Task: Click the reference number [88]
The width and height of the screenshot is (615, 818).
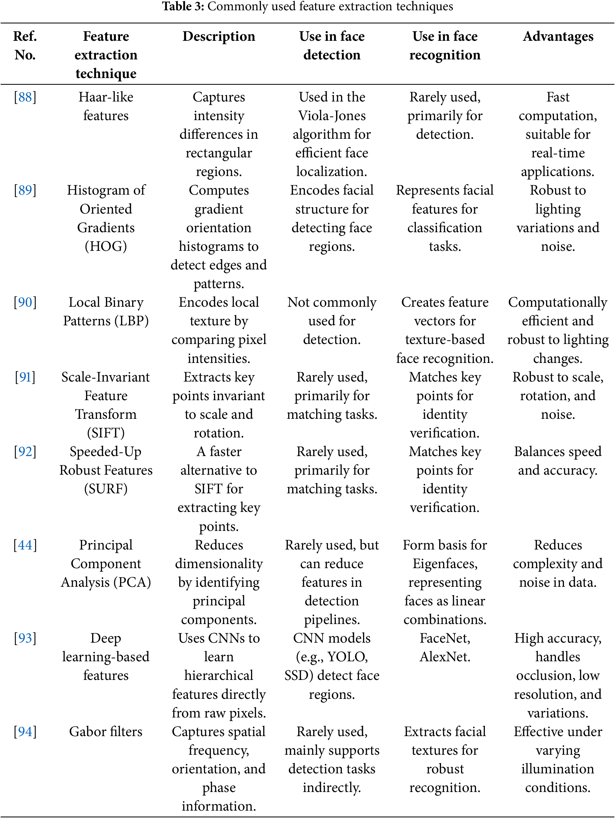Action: pyautogui.click(x=25, y=97)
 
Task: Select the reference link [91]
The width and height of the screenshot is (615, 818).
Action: pyautogui.click(x=25, y=377)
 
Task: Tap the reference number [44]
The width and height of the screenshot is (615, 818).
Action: pyautogui.click(x=25, y=545)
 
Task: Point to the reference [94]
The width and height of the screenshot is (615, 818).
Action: pyautogui.click(x=25, y=732)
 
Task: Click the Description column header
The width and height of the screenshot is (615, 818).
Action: pyautogui.click(x=219, y=36)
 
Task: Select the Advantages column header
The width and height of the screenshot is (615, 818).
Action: pyautogui.click(x=558, y=36)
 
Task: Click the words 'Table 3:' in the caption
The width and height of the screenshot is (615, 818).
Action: pyautogui.click(x=183, y=6)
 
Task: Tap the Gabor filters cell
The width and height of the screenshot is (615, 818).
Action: pyautogui.click(x=106, y=732)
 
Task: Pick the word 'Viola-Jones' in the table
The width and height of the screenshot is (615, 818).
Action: pyautogui.click(x=332, y=116)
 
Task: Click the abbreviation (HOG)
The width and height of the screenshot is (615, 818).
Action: pyautogui.click(x=106, y=246)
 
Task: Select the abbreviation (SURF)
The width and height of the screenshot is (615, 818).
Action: pyautogui.click(x=106, y=489)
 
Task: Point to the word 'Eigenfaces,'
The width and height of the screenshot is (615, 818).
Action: pyautogui.click(x=445, y=564)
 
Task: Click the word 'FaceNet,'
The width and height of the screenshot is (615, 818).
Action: pyautogui.click(x=445, y=638)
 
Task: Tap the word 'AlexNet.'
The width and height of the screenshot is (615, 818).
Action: pyautogui.click(x=445, y=657)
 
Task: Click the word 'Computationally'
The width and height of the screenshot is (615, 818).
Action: pyautogui.click(x=558, y=303)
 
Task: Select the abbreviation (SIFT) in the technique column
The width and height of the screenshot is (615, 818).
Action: pyautogui.click(x=106, y=433)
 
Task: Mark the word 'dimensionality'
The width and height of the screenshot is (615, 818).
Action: pyautogui.click(x=219, y=564)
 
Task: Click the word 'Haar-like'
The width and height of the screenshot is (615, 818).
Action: pyautogui.click(x=106, y=97)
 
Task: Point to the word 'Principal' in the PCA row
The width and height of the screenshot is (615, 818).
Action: pyautogui.click(x=106, y=545)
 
